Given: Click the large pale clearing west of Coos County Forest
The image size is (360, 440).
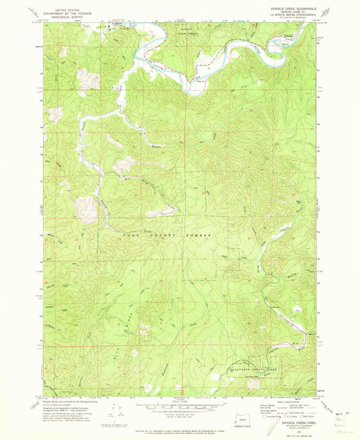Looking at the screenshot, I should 86,210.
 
